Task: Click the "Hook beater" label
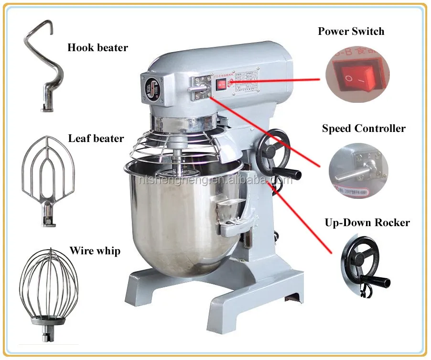[x=97, y=48]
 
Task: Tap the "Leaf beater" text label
[x=96, y=139]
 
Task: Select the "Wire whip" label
[x=95, y=251]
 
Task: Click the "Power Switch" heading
[x=351, y=32]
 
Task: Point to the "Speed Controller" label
[x=363, y=129]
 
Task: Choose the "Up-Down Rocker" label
[x=367, y=223]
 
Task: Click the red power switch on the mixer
[x=221, y=85]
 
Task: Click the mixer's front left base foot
[x=143, y=287]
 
